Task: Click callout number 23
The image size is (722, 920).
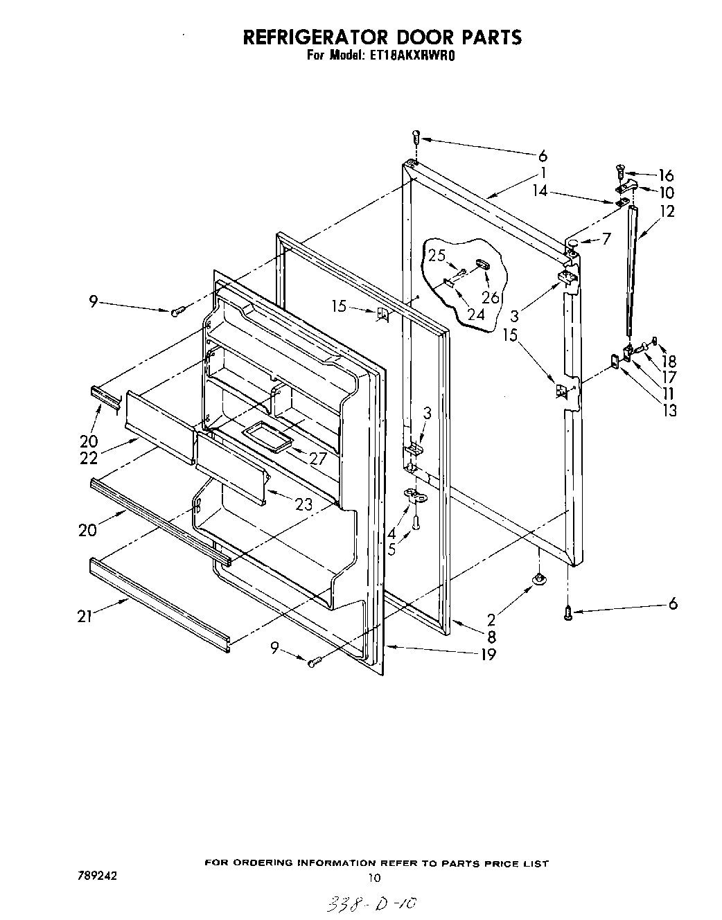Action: [303, 505]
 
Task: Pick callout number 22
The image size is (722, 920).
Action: [89, 458]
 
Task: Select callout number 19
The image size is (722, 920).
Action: [488, 653]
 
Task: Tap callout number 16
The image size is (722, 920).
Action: [666, 175]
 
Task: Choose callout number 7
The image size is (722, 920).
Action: [606, 240]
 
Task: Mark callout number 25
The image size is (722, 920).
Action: [436, 255]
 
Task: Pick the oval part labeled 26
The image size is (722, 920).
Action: [483, 264]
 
